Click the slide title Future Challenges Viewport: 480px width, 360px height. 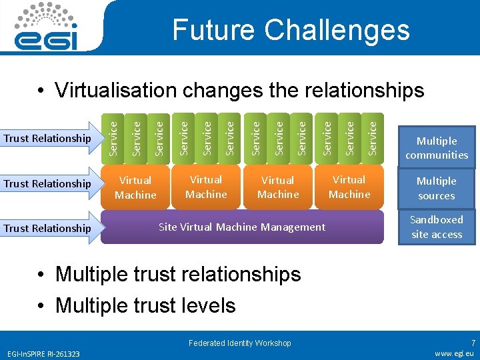pos(291,30)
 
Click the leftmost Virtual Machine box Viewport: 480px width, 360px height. pos(135,187)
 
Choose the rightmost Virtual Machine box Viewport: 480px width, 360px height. pos(349,187)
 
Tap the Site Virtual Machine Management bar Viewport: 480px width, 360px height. pos(243,227)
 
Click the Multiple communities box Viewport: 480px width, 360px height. pos(437,148)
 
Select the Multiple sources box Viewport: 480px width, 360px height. pos(437,188)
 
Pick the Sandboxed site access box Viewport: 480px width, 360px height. pos(437,227)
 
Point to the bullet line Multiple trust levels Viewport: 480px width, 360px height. pos(145,305)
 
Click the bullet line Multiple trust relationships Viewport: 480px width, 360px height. pos(178,274)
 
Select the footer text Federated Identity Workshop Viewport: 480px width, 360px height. pos(240,343)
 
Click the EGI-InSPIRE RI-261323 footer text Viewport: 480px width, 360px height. pos(44,353)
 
